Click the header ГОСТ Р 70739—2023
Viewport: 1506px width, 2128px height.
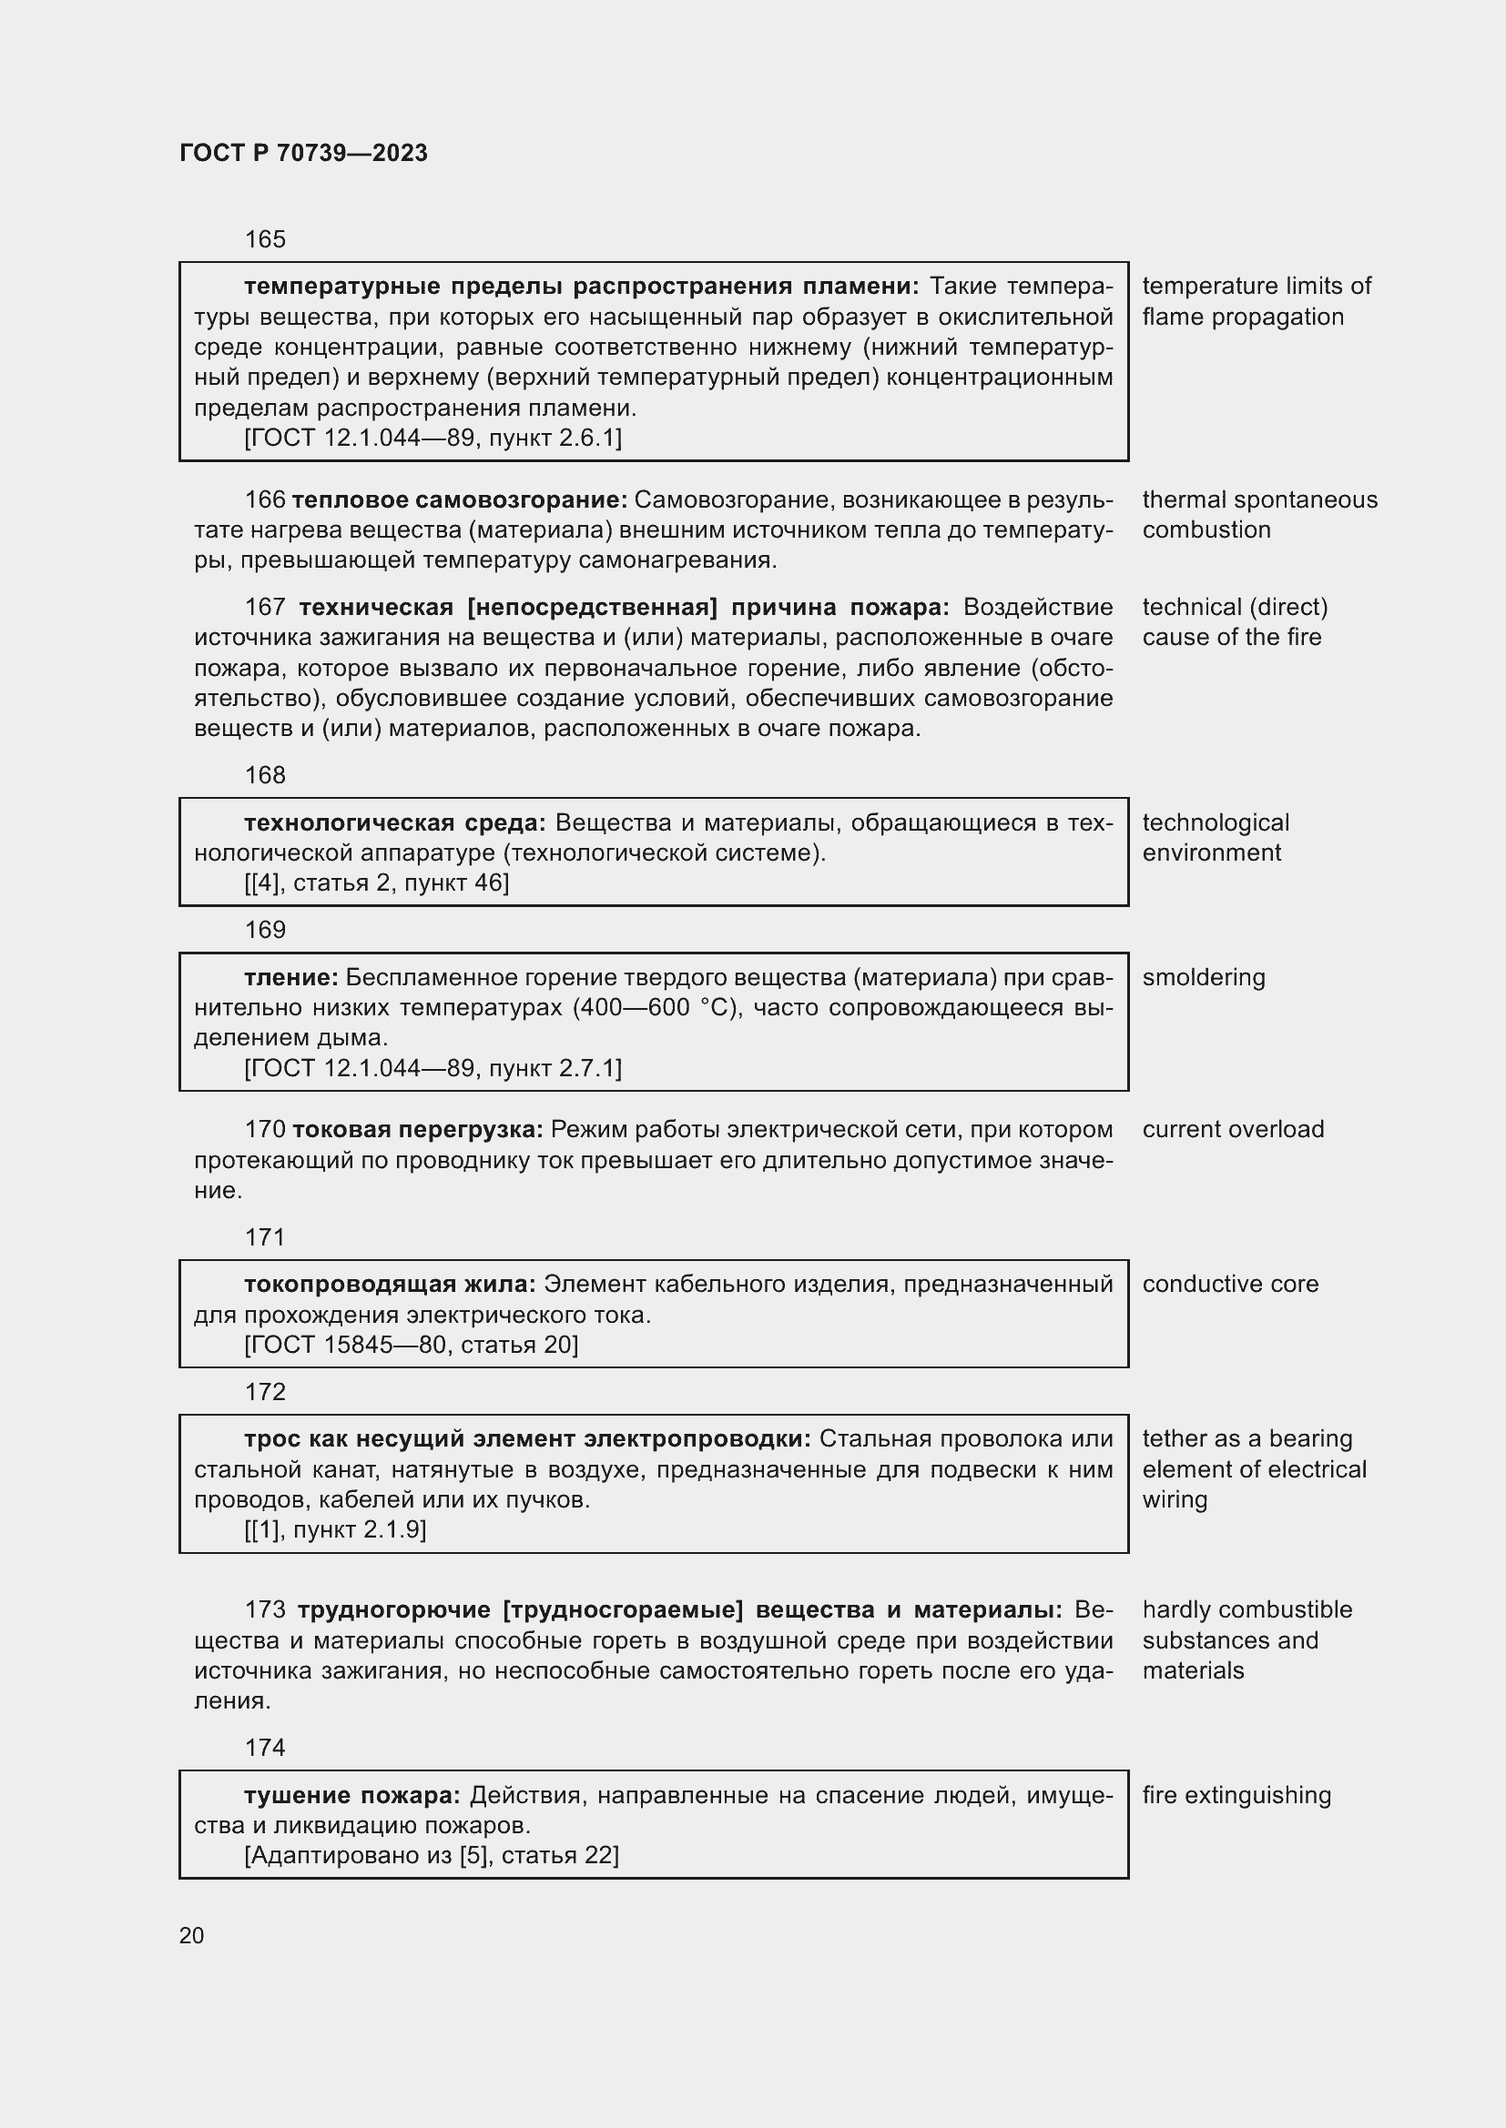coord(303,153)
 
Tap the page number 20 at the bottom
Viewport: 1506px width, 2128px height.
coord(192,1935)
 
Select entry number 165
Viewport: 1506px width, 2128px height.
coord(265,240)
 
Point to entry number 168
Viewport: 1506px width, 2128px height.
coord(265,776)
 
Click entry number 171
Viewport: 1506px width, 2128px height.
coord(265,1237)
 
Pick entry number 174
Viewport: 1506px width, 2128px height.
coord(265,1747)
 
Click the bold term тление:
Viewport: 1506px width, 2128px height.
coord(291,978)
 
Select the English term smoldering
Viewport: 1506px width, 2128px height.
coord(1203,978)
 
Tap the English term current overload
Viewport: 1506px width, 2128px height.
coord(1233,1130)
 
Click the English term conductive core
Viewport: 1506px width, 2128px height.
coord(1229,1284)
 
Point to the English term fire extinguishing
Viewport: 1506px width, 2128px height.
coord(1236,1795)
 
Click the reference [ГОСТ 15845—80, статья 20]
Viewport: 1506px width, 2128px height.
coord(411,1345)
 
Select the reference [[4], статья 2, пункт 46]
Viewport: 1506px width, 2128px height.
coord(377,883)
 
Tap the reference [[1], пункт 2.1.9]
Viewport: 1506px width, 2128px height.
coord(335,1529)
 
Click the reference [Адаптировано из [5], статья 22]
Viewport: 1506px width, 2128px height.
coord(432,1854)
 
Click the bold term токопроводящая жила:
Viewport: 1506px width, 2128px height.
coord(390,1284)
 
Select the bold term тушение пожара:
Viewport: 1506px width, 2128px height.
coord(352,1795)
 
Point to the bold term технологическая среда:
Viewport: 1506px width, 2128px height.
coord(395,823)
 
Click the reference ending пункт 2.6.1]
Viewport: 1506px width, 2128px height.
coord(433,438)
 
